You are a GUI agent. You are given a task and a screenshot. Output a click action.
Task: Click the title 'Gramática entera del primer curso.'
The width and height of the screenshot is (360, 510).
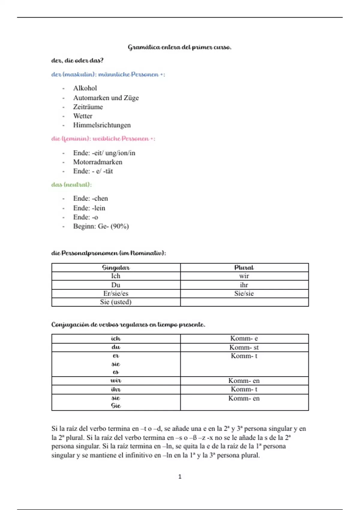point(179,47)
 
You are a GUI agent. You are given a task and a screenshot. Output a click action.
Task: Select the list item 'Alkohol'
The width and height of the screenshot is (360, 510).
point(85,88)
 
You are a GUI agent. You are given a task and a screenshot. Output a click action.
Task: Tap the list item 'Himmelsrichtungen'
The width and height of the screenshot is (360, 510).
point(102,125)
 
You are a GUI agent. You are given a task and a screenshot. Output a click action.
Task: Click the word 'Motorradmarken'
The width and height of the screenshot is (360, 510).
point(97,162)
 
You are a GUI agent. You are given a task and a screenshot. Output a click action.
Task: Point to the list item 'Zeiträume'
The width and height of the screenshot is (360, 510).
point(88,107)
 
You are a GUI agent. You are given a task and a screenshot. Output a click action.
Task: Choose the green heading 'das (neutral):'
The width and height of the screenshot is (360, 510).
point(71,184)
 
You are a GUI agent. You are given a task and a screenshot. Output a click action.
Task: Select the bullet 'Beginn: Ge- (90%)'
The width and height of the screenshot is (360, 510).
point(101,226)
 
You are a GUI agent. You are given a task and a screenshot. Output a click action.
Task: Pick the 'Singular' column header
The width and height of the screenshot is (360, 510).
point(116,268)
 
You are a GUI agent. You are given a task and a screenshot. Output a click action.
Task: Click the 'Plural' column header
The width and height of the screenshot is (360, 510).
point(244,268)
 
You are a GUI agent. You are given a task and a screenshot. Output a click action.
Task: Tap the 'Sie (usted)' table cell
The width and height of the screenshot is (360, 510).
point(116,302)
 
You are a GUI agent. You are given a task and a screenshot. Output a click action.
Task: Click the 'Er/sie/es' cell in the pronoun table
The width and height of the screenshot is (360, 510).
point(116,293)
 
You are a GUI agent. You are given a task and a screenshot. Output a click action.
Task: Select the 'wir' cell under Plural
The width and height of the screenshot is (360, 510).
point(244,276)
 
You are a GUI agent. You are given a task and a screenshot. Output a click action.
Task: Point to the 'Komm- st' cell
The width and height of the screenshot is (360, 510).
point(244,347)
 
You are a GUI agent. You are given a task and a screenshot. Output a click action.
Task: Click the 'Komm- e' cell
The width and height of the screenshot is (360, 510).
point(244,338)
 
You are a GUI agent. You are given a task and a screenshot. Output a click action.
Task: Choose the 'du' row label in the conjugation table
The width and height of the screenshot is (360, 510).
point(116,347)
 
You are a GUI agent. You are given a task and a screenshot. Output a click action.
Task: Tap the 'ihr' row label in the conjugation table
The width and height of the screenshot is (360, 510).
point(116,389)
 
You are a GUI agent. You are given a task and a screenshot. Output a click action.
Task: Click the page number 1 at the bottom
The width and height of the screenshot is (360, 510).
point(180,477)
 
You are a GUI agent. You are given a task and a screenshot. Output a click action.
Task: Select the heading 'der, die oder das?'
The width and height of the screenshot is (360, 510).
point(77,61)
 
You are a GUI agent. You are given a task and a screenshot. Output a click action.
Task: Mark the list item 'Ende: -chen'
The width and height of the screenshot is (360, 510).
point(90,199)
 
